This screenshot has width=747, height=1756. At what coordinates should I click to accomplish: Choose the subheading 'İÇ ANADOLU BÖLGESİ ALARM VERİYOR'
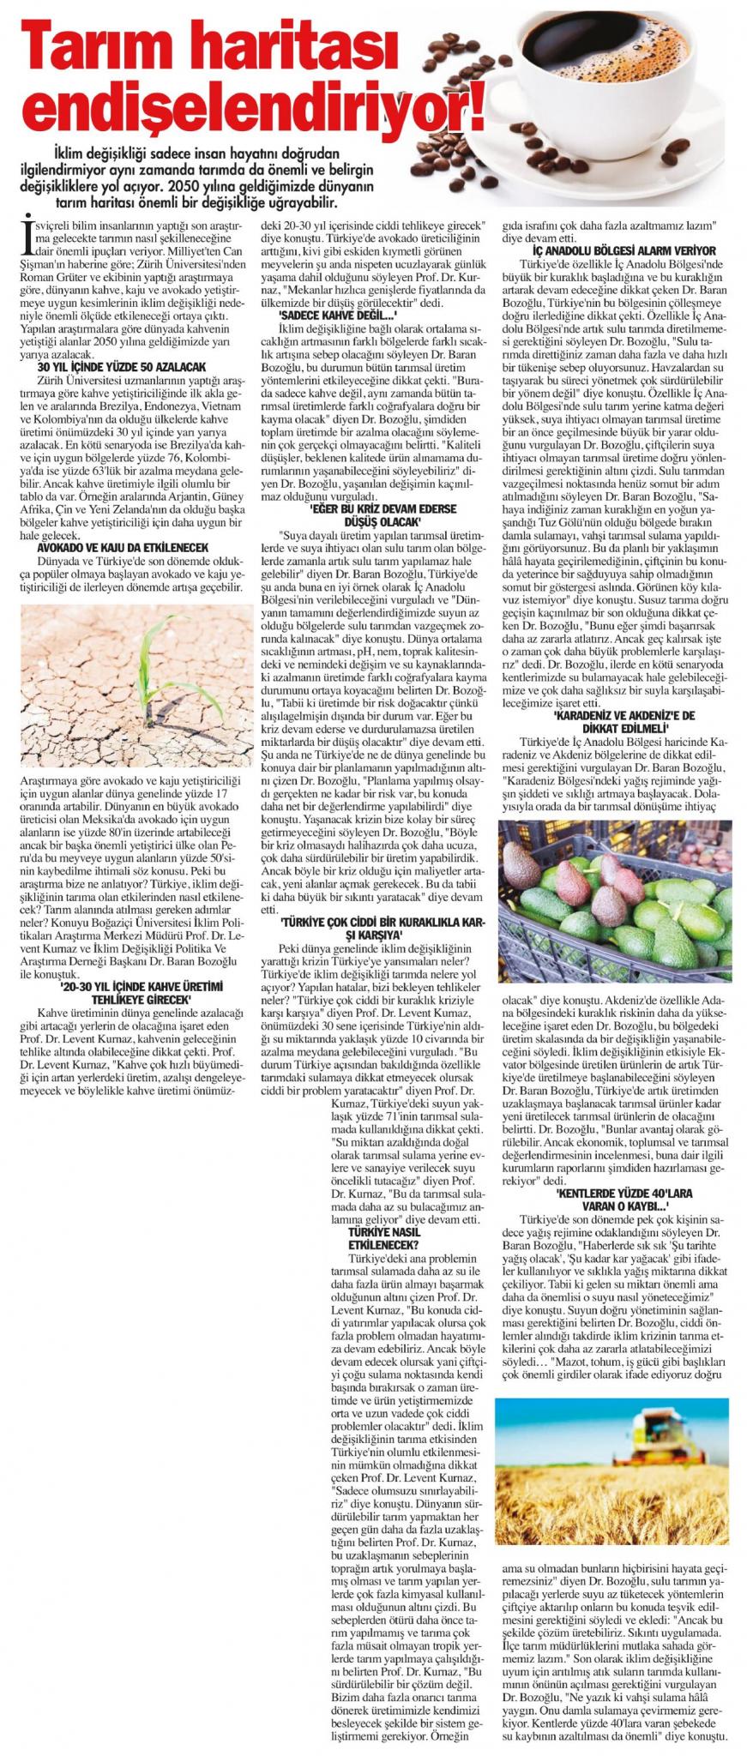pyautogui.click(x=617, y=250)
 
